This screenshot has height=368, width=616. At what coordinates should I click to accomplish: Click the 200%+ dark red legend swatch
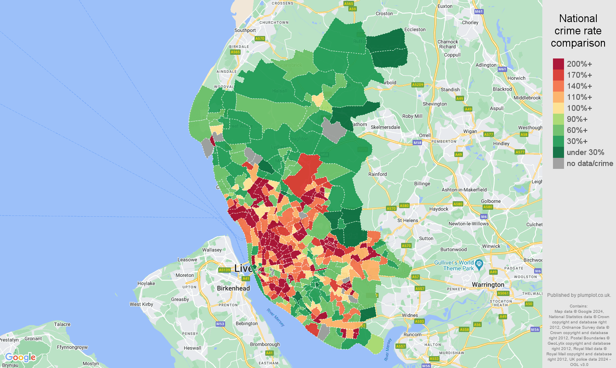(558, 64)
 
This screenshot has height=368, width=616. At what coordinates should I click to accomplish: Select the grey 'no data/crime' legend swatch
(558, 164)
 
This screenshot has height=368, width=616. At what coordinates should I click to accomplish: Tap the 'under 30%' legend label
(585, 153)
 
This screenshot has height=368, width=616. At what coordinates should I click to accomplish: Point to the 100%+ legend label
(579, 108)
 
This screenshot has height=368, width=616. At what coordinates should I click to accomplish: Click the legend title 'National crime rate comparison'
(578, 31)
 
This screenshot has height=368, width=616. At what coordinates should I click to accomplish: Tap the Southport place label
(245, 30)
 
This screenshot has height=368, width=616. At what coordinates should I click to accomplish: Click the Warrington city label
(488, 285)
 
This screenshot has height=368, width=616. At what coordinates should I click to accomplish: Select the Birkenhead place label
(233, 288)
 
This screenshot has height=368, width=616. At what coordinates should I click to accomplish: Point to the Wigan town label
(470, 131)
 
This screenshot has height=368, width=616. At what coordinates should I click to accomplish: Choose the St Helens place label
(408, 220)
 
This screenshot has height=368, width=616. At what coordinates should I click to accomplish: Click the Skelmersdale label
(385, 127)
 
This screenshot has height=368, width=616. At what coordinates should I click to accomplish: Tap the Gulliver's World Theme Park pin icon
(479, 263)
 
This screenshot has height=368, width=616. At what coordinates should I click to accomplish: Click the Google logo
(20, 358)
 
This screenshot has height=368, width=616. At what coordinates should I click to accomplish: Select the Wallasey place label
(212, 250)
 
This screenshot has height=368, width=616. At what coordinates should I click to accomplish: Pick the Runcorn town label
(412, 334)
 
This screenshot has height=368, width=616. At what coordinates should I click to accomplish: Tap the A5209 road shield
(417, 85)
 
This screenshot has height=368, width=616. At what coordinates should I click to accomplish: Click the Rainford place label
(377, 174)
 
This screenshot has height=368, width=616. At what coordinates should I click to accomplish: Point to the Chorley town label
(470, 22)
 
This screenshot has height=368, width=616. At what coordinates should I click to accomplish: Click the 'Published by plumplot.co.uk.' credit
(579, 295)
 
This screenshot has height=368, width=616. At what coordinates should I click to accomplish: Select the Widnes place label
(410, 315)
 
